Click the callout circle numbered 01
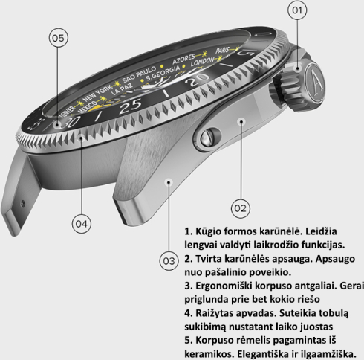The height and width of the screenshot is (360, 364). (297, 10)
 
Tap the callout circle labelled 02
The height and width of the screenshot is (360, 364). (241, 208)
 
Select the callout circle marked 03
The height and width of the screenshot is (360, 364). (169, 261)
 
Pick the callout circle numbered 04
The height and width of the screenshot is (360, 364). (82, 224)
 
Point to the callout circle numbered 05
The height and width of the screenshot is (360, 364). (58, 38)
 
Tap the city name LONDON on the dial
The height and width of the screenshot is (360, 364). (202, 62)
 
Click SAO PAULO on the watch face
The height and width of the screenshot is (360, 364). (139, 74)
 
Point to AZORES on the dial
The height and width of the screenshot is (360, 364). (183, 59)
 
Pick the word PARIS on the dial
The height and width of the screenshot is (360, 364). (222, 51)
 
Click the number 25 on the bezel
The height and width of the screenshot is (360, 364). (131, 106)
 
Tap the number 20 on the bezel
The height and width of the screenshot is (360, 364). (198, 79)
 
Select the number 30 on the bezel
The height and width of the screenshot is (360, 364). (70, 122)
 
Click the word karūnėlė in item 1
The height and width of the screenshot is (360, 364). (279, 231)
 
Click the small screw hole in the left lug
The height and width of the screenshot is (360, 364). (22, 204)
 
